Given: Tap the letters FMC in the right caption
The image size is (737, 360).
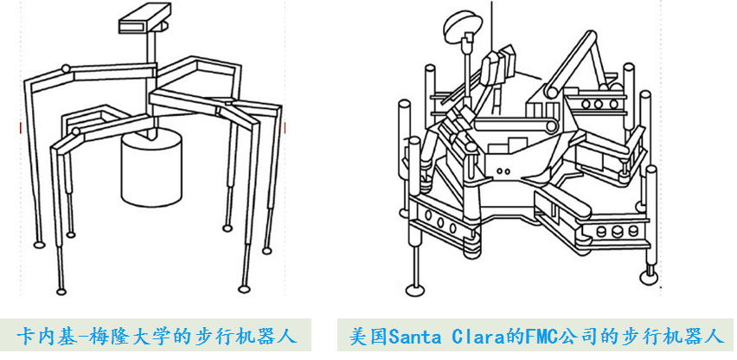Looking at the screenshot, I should (533, 335).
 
